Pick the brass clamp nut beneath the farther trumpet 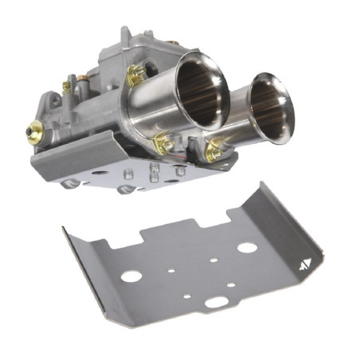[x=216, y=149]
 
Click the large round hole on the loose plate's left [x=131, y=276]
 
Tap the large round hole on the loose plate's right [x=247, y=247]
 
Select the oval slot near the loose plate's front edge [x=216, y=302]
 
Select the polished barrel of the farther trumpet [x=239, y=112]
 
